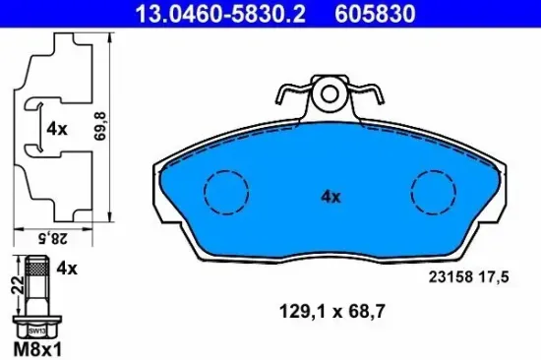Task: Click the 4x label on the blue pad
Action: coord(331,196)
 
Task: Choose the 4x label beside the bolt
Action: coord(67,267)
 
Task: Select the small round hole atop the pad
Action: coord(330,95)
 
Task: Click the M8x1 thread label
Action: coord(34,347)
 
